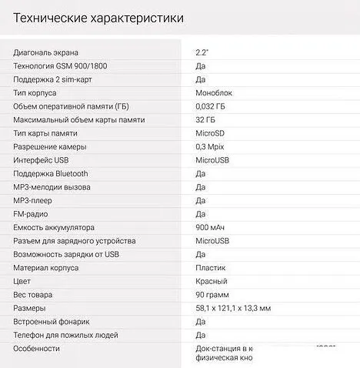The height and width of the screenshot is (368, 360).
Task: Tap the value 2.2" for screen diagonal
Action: tap(202, 52)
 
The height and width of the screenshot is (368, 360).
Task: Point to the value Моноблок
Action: tap(215, 93)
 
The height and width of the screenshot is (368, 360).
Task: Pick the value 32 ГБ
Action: tap(206, 120)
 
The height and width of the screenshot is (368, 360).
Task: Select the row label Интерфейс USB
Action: tap(45, 160)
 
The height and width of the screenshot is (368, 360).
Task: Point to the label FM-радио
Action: tap(32, 214)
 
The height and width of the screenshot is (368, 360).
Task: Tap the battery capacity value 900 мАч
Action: tap(211, 228)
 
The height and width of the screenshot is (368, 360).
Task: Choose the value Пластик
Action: tap(211, 268)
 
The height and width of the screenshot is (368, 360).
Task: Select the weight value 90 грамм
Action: tap(212, 295)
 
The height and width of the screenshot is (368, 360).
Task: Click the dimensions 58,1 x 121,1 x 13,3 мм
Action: tap(233, 308)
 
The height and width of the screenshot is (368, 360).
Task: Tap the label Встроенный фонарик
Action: tap(52, 322)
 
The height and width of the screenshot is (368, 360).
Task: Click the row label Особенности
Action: tap(36, 349)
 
